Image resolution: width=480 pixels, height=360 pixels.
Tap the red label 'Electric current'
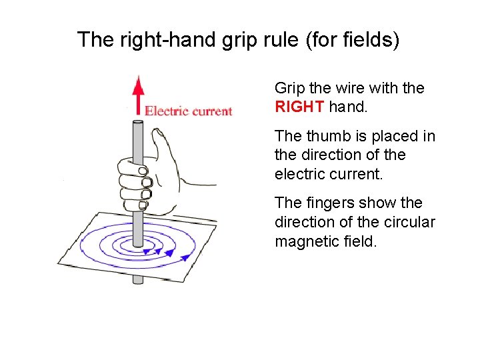(x=189, y=111)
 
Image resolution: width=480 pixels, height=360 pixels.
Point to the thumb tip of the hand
(x=159, y=133)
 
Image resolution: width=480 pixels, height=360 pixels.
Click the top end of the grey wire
(x=138, y=123)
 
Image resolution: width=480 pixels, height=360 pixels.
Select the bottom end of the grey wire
(x=138, y=280)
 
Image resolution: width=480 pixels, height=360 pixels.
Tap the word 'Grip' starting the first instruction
(x=289, y=88)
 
